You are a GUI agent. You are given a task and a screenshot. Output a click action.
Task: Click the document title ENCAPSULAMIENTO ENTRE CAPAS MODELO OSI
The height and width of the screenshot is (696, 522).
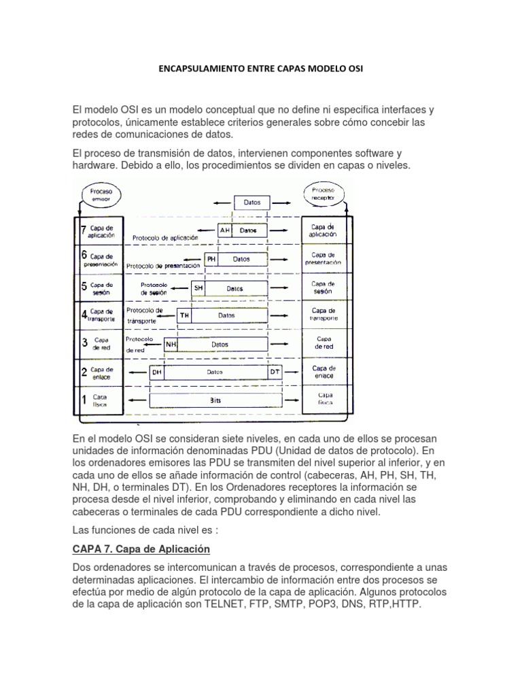click(x=261, y=69)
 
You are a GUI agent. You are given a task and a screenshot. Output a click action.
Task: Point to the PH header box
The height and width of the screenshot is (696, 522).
click(x=211, y=259)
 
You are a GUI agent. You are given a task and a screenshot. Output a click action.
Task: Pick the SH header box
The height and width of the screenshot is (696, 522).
click(x=198, y=288)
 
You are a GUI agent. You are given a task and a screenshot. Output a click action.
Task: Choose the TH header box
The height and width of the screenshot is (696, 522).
click(x=184, y=315)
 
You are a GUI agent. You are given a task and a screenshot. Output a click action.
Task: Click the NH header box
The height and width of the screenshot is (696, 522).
click(x=171, y=344)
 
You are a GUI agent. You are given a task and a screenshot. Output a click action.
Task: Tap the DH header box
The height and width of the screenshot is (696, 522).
click(x=157, y=372)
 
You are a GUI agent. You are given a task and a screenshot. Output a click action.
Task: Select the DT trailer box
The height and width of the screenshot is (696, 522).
click(x=275, y=372)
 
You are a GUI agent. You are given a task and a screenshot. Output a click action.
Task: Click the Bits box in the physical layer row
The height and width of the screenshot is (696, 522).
click(x=216, y=401)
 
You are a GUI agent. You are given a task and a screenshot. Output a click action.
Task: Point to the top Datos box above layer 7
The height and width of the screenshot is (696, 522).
click(x=251, y=203)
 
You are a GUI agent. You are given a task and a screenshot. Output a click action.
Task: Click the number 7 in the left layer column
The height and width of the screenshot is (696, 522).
click(x=84, y=230)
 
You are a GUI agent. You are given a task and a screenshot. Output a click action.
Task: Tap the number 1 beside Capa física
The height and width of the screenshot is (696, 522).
click(x=84, y=400)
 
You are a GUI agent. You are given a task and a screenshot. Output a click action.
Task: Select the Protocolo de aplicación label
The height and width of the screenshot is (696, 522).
click(x=165, y=238)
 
